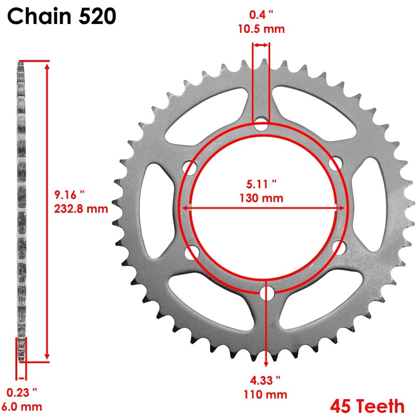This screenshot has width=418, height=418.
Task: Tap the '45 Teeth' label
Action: tap(367, 405)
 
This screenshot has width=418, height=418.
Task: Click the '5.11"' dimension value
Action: tap(261, 184)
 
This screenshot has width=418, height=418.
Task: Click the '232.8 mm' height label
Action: tap(81, 208)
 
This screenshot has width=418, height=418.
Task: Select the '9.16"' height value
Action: tap(69, 195)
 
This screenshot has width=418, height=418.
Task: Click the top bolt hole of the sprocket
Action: tap(261, 125)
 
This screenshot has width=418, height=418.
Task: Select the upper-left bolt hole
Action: tap(191, 168)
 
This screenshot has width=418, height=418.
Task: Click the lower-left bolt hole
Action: tap(192, 252)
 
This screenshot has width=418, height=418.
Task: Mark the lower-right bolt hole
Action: tap(337, 247)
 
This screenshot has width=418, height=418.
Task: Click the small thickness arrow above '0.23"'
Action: tap(21, 378)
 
